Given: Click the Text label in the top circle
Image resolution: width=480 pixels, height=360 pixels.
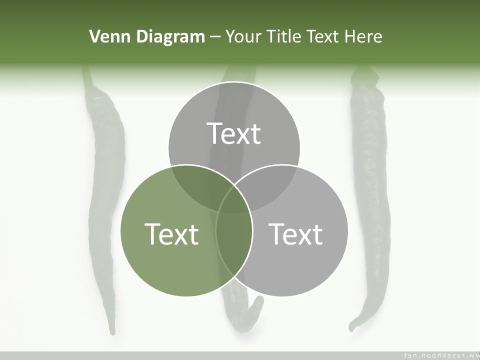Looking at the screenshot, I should coord(234,133).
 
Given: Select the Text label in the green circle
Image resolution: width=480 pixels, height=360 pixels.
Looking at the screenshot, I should coord(171,233).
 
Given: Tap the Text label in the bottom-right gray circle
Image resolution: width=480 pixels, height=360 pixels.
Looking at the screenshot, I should coord(296,233).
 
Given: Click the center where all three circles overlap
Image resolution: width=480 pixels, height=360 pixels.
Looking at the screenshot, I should coord(234,200).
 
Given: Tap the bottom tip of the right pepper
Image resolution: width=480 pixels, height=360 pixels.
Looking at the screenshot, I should coord(352,327).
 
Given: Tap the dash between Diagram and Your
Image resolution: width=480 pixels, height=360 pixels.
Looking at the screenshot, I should coord(215,37).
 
